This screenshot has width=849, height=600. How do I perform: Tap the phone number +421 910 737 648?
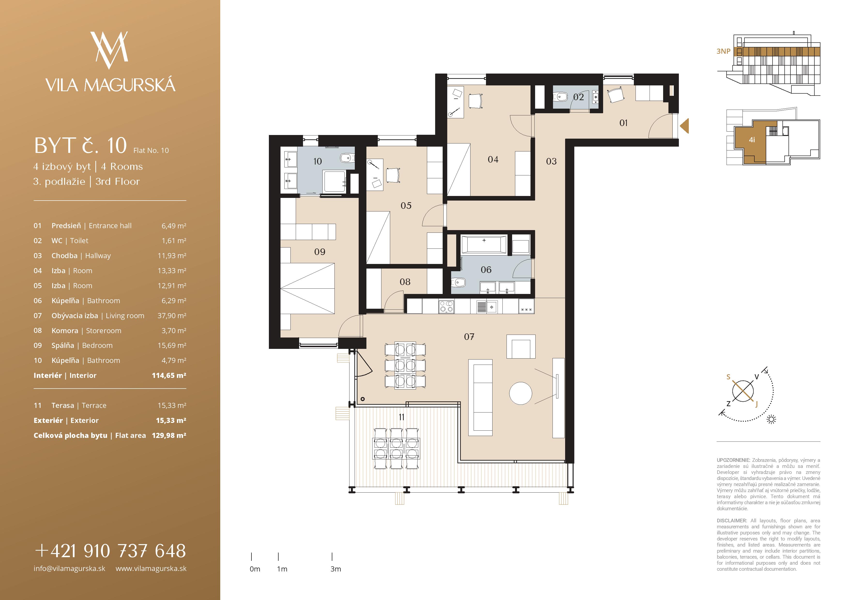[110, 551]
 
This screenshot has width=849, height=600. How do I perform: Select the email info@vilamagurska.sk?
[69, 569]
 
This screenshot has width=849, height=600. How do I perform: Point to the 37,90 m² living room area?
[172, 316]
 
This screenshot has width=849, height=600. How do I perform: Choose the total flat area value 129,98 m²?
[169, 435]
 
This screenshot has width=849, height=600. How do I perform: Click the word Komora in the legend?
[65, 330]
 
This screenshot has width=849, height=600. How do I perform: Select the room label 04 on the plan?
[493, 160]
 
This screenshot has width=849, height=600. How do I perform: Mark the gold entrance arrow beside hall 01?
[684, 126]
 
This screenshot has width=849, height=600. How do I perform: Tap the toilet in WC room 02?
[561, 97]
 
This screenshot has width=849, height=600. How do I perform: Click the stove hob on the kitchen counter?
[446, 307]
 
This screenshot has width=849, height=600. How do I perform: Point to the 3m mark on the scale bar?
[332, 556]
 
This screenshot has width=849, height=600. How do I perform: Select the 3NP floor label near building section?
[724, 51]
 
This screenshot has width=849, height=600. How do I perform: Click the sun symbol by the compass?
[771, 419]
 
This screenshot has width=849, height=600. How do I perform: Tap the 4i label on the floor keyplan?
[752, 140]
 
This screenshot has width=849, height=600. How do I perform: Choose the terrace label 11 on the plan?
[402, 417]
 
